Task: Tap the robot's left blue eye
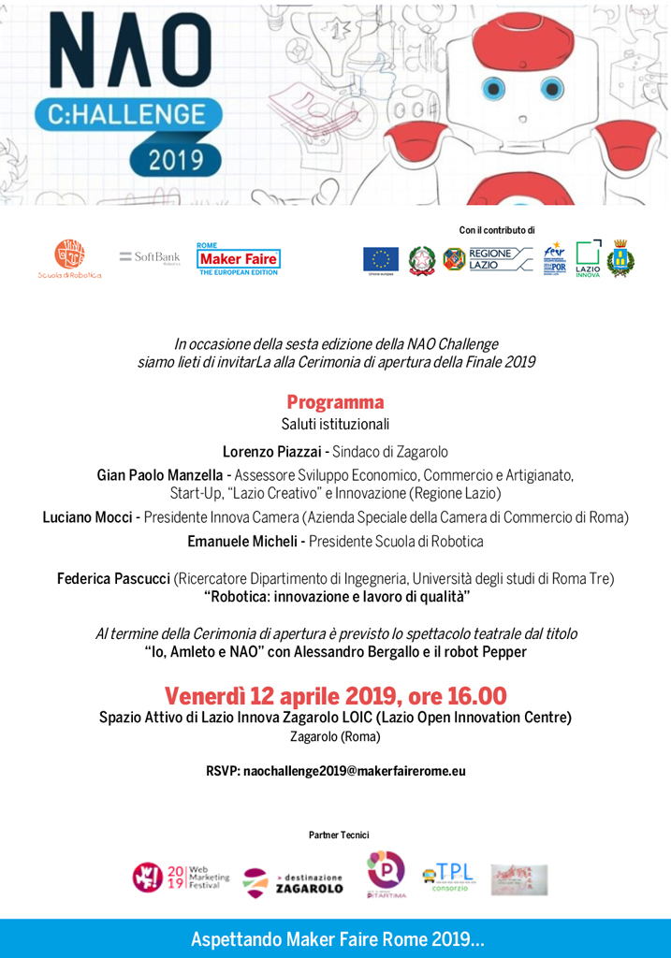click(x=495, y=90)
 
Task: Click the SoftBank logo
click(x=150, y=257)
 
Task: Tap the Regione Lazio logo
click(x=488, y=259)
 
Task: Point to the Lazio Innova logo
click(x=588, y=259)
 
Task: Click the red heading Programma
click(x=335, y=402)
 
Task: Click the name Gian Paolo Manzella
click(x=160, y=475)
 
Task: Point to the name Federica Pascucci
click(x=113, y=579)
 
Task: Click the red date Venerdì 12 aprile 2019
click(x=281, y=696)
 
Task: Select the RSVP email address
click(x=354, y=772)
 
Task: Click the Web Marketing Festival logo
click(x=178, y=877)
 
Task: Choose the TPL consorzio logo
click(x=448, y=878)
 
